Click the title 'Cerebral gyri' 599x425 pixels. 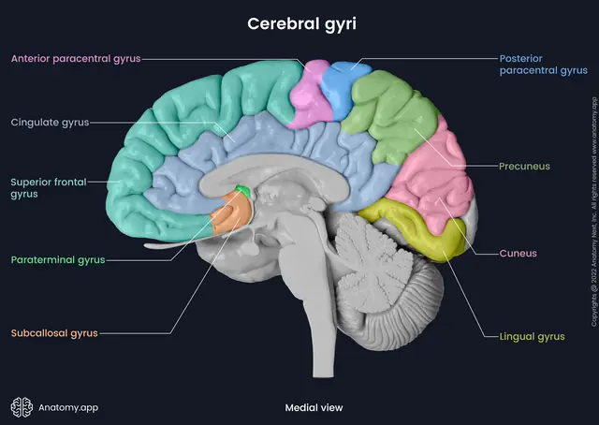tap(301, 24)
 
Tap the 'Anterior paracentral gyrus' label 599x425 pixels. tap(76, 59)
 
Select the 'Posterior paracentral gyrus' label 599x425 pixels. tap(543, 65)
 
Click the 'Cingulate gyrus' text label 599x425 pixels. tap(50, 123)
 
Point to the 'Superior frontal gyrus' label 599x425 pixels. tap(49, 187)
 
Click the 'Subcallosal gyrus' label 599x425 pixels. tap(54, 333)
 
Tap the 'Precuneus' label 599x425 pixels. tap(524, 167)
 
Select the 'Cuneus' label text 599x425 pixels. tap(518, 254)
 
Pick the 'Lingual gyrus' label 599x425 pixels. tap(532, 337)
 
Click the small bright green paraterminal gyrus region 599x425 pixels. tap(243, 191)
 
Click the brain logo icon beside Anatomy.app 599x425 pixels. tap(22, 407)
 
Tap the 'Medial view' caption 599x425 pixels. tap(314, 408)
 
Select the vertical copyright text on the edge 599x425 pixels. tap(593, 212)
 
